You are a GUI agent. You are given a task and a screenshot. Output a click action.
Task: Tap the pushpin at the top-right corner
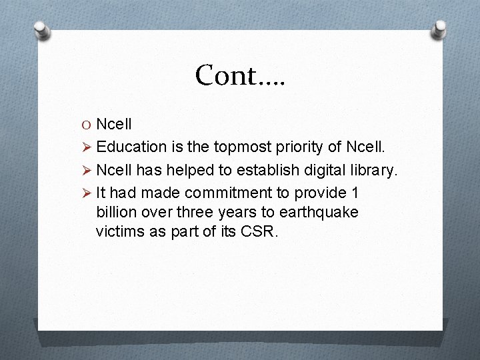[x=439, y=29]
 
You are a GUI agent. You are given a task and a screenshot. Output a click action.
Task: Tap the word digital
[x=311, y=170]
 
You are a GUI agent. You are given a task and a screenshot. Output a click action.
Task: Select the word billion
[x=117, y=212]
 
